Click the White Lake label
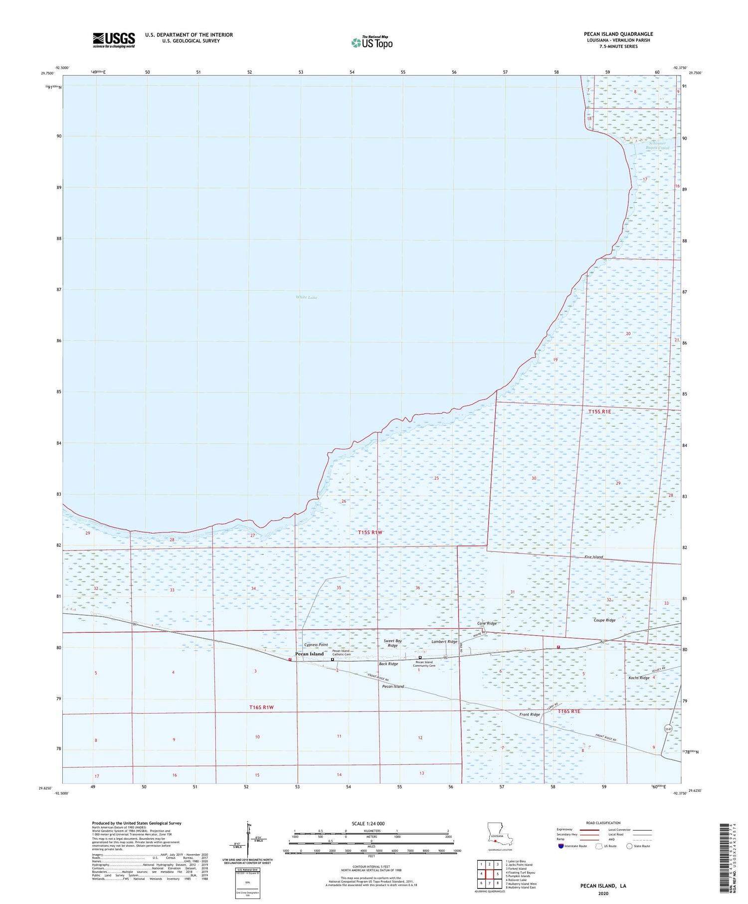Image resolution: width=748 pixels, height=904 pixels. tap(306, 297)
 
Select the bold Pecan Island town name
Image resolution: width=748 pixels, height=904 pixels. tap(309, 654)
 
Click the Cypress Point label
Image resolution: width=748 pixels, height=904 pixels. tap(316, 645)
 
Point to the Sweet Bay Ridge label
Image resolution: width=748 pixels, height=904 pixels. tap(392, 643)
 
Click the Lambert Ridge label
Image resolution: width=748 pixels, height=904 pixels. tap(444, 642)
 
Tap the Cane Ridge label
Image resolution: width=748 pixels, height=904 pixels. tap(487, 624)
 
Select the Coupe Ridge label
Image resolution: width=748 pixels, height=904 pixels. tap(604, 620)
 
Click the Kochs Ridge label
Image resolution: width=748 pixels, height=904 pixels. tap(639, 678)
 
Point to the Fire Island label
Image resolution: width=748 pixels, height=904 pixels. tap(594, 557)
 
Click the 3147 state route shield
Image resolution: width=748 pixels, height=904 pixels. tap(669, 728)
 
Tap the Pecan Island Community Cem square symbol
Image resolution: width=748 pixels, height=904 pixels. tap(420, 658)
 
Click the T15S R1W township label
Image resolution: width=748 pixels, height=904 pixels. tap(370, 533)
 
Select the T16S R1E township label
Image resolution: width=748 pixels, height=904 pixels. tap(569, 711)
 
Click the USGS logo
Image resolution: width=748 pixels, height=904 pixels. tap(114, 40)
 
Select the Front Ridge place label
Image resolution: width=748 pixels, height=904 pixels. tap(529, 715)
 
